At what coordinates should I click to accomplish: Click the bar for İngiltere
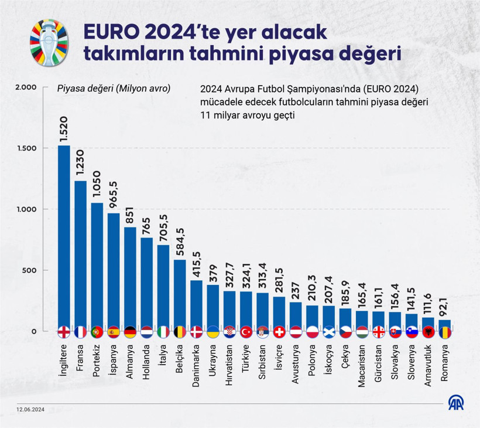tap(64, 235)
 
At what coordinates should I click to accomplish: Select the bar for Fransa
tap(80, 252)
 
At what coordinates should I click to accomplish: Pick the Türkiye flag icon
tap(246, 331)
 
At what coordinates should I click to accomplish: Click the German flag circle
tap(130, 331)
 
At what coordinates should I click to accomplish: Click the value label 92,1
tap(445, 306)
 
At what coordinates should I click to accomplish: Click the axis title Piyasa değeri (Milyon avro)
tap(114, 89)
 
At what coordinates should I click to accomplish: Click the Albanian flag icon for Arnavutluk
tap(428, 331)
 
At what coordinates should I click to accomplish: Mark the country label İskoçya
tap(329, 362)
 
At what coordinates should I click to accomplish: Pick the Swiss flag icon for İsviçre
tap(279, 331)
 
